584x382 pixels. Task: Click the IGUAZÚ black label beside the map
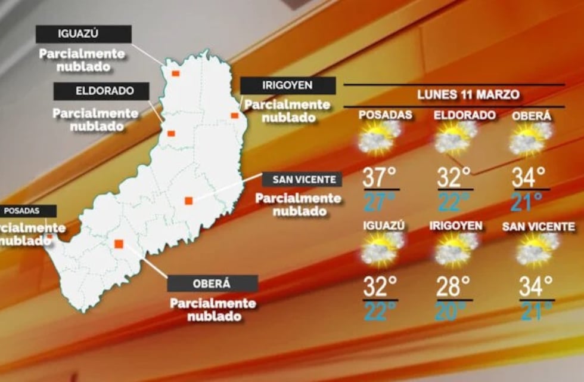[x=83, y=33]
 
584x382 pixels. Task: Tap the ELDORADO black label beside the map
[x=101, y=91]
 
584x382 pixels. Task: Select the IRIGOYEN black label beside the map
[x=288, y=85]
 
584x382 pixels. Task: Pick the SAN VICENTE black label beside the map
[x=303, y=179]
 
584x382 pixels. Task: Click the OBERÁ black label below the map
[x=212, y=283]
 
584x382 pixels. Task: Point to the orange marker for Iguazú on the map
[x=176, y=73]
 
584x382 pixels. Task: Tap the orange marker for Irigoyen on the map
[x=235, y=115]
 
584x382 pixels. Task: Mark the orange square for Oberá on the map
[x=119, y=244]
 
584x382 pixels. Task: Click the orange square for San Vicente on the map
[x=188, y=201]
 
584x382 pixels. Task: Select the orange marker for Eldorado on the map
[x=171, y=133]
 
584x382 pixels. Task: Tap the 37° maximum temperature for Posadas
[x=380, y=177]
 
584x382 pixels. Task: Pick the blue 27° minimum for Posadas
[x=380, y=202]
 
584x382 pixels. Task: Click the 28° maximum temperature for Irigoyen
[x=453, y=286]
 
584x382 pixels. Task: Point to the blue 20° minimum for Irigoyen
[x=453, y=310]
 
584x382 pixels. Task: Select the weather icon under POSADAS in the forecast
[x=379, y=138]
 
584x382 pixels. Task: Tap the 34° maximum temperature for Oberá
[x=529, y=177]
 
